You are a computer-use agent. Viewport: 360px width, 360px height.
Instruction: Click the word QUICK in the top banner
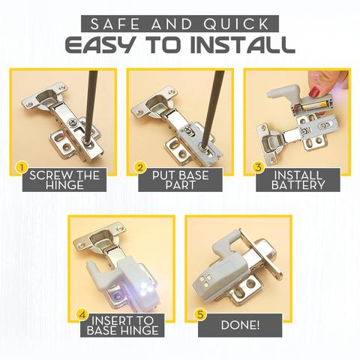click(235, 24)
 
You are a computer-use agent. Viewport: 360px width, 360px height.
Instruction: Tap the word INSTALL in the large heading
click(242, 45)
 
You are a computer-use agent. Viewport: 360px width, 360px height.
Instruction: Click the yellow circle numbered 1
click(22, 168)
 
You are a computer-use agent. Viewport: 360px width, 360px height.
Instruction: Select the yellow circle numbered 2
click(139, 167)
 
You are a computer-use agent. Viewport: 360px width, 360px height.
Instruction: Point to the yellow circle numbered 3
click(258, 167)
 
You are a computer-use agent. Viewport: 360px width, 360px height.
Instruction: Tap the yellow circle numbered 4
click(82, 314)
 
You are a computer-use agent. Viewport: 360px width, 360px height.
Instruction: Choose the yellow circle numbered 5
click(200, 314)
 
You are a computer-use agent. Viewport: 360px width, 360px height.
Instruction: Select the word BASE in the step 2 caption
click(194, 175)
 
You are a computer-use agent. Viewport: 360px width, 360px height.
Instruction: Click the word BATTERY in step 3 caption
click(298, 185)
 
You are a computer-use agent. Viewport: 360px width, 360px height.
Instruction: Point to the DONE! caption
click(240, 325)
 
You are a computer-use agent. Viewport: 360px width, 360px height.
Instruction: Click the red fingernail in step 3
click(314, 91)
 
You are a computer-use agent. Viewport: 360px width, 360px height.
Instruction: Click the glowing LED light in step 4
click(146, 287)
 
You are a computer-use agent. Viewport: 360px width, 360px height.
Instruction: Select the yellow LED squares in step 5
click(205, 280)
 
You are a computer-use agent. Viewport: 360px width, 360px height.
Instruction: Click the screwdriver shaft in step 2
click(211, 108)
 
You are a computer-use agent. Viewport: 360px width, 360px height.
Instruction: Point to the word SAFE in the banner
click(115, 24)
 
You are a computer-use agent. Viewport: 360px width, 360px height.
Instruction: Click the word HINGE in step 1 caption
click(64, 185)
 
